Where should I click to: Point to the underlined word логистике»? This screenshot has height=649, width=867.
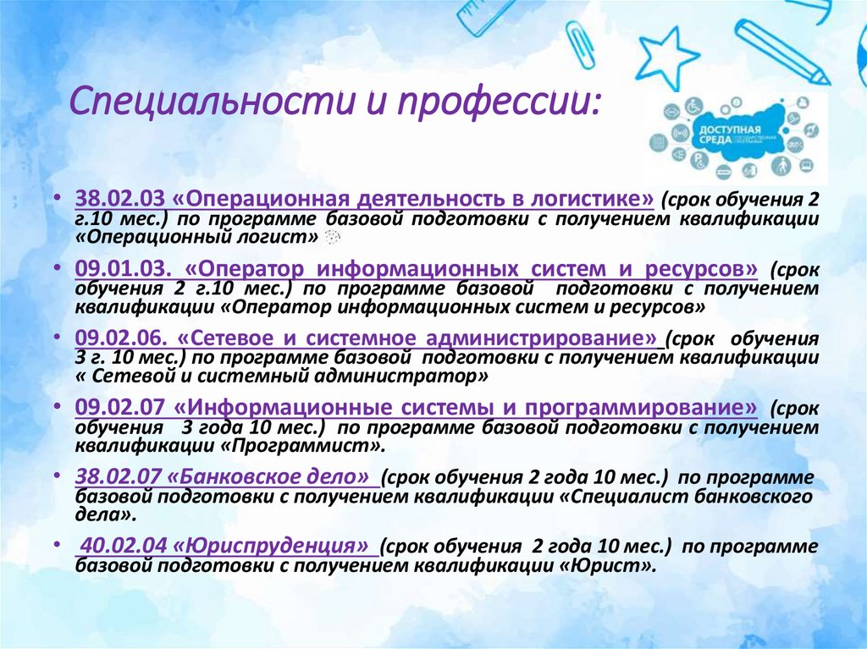tap(592, 200)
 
